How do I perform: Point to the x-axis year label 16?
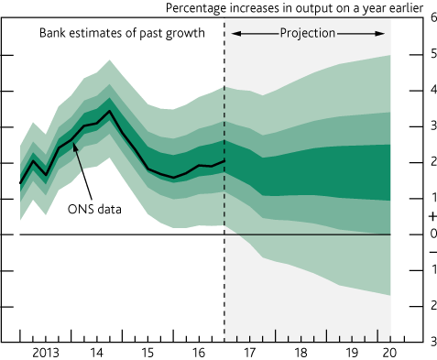(198, 352)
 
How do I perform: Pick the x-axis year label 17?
(247, 352)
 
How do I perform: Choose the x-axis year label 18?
(300, 352)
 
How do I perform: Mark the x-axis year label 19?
(351, 352)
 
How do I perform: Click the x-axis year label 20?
(390, 352)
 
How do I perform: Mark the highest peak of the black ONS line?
(110, 111)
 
